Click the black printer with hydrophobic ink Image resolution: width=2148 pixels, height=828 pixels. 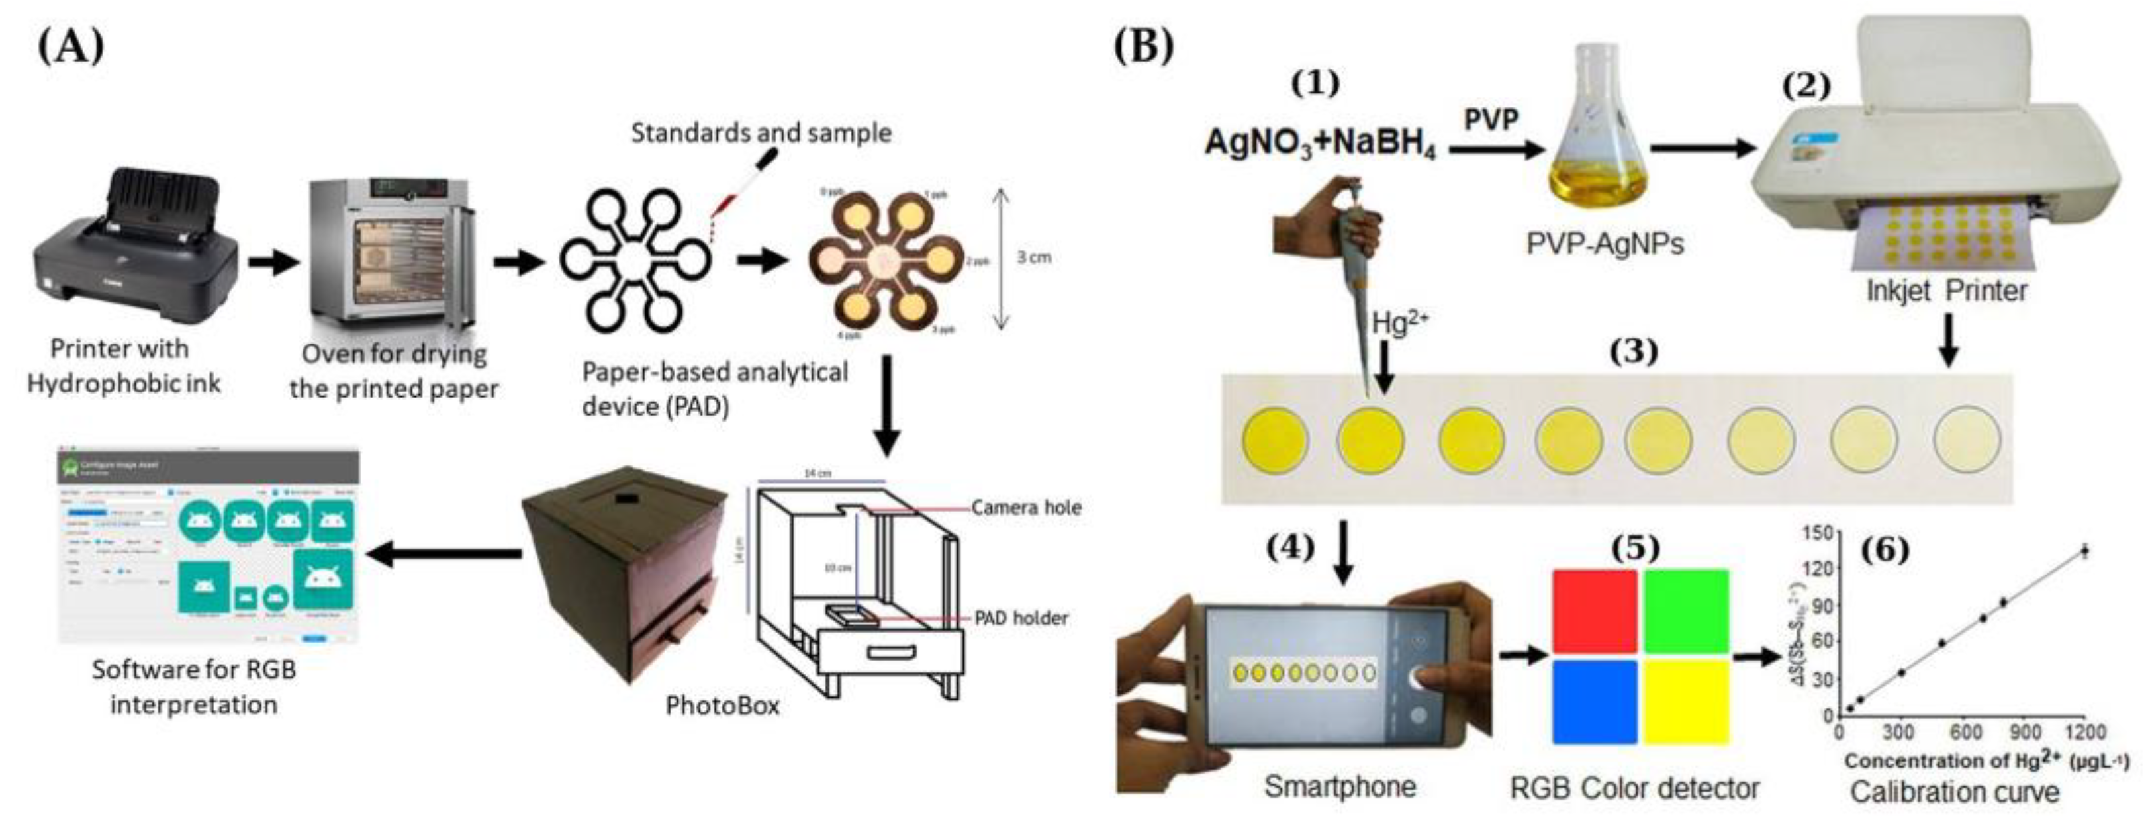[x=134, y=246]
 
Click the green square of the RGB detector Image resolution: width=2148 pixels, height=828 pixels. [x=1686, y=611]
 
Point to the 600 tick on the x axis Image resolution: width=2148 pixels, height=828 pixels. [x=1965, y=733]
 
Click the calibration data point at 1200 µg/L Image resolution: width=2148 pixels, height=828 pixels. [x=2084, y=550]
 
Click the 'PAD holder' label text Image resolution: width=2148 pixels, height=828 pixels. [x=1021, y=618]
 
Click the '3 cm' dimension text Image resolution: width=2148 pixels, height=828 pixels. [x=1034, y=257]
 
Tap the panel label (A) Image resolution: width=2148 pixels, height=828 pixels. [x=71, y=46]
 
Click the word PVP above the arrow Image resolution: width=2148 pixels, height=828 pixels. [x=1491, y=119]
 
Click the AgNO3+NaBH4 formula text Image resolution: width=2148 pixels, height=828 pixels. [x=1320, y=144]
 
